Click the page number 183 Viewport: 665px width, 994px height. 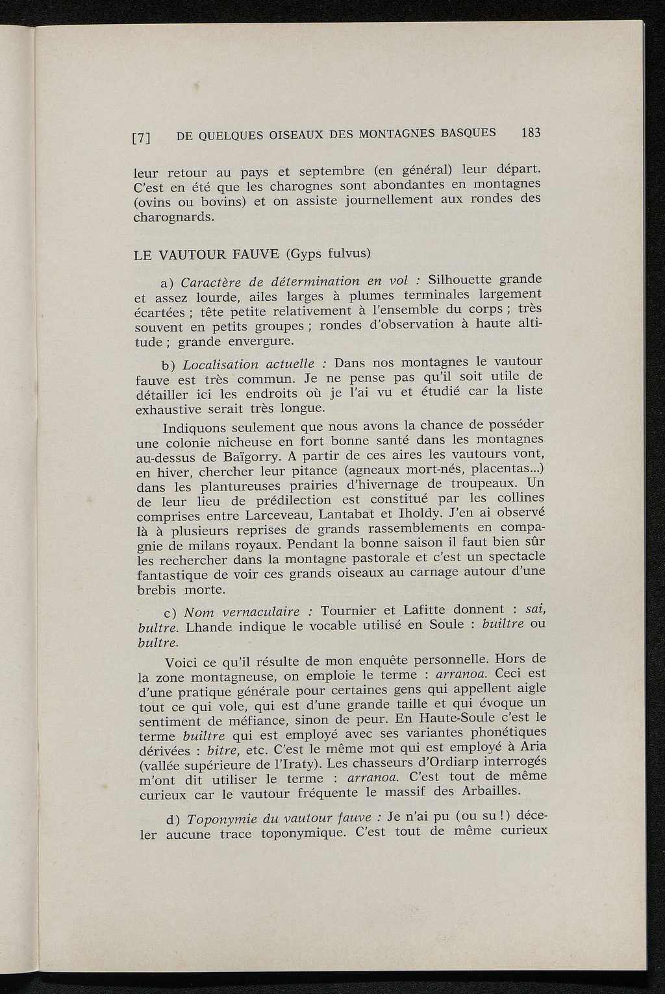[530, 133]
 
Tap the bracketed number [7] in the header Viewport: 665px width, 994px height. [142, 138]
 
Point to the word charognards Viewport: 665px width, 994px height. [173, 217]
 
